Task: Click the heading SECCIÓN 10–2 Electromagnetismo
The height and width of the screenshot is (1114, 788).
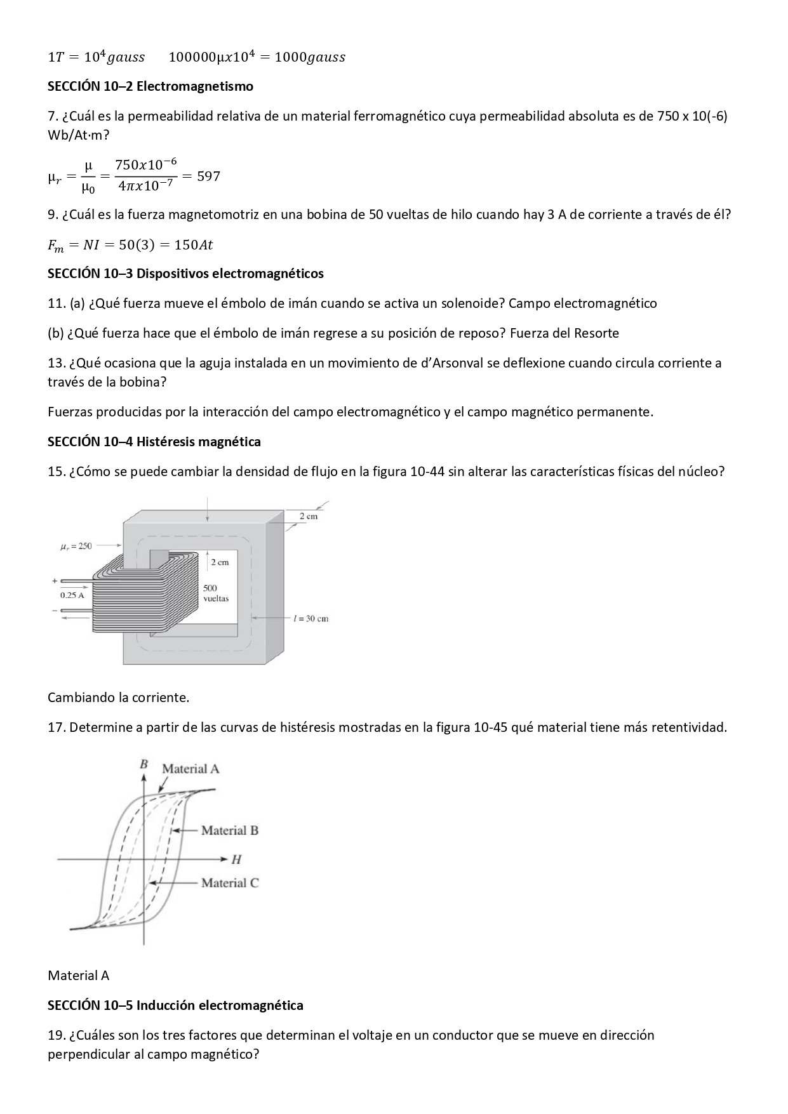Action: coord(150,86)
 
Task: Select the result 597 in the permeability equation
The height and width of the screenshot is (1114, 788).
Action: coord(208,176)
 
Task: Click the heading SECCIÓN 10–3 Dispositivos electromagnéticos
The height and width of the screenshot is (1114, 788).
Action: coord(185,274)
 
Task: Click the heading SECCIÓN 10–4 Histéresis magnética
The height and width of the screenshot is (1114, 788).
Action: coord(154,442)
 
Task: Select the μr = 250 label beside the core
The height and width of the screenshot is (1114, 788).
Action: coord(76,546)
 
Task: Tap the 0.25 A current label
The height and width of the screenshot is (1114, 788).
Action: coord(72,595)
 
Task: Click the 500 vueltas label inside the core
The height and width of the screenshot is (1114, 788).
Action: coord(216,593)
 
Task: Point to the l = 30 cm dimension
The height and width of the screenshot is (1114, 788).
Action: coord(311,618)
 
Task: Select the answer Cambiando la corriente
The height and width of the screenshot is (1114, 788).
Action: coord(118,698)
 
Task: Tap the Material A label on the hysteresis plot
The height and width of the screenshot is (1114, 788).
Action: coord(190,769)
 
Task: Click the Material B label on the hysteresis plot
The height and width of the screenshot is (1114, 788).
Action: coord(229,830)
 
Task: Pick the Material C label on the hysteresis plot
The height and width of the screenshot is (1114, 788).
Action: coord(229,883)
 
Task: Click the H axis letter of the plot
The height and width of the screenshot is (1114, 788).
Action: coord(236,859)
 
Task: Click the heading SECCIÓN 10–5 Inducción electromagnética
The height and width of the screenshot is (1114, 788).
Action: coord(175,1005)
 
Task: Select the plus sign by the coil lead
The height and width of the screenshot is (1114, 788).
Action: coord(54,581)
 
